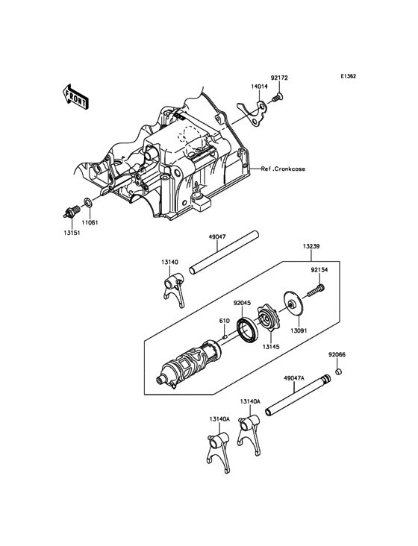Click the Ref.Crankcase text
(283, 169)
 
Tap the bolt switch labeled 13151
(72, 211)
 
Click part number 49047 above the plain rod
(217, 236)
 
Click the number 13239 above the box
(311, 247)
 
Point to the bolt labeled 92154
(316, 291)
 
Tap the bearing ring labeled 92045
(247, 329)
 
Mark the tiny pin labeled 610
(225, 336)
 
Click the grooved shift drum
(188, 365)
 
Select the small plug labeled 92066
(338, 371)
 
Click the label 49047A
(294, 378)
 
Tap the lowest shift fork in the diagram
(219, 452)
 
